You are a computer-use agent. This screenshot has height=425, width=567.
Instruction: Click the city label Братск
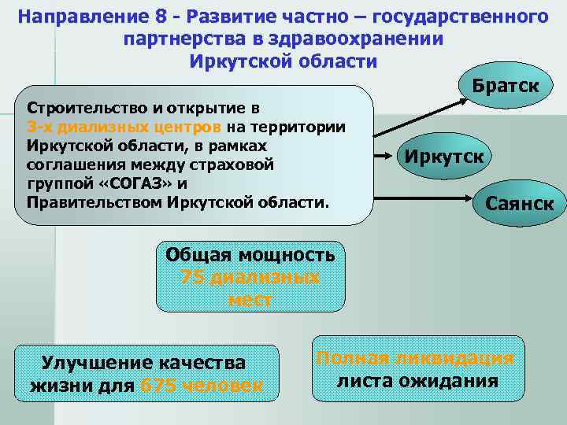506,85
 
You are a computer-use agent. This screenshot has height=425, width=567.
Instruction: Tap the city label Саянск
519,205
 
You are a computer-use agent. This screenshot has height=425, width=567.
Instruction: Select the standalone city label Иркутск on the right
445,155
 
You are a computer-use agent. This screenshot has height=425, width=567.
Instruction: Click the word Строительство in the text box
76,107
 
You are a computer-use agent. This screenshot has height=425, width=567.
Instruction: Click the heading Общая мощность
250,254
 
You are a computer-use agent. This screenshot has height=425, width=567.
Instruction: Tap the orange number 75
193,277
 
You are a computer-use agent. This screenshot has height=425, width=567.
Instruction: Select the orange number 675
156,386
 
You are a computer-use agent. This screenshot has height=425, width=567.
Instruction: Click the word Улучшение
93,363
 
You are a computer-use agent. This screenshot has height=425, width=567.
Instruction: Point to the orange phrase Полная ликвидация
415,358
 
